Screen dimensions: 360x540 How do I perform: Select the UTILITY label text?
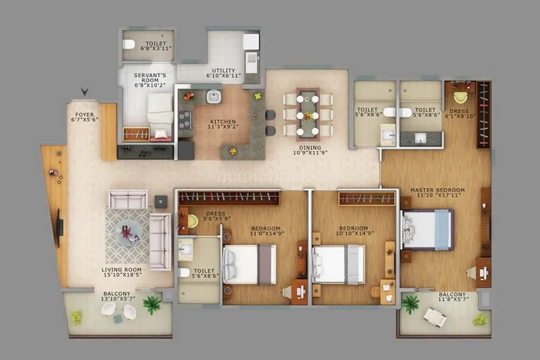point(224,70)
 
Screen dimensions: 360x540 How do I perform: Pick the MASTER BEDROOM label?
point(437,190)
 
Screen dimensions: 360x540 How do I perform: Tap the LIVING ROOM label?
point(122,270)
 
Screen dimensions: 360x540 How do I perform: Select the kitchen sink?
point(214,96)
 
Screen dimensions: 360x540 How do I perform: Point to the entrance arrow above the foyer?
point(84,93)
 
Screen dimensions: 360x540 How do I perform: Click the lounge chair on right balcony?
point(435,317)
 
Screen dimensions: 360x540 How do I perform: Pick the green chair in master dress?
point(460,97)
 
